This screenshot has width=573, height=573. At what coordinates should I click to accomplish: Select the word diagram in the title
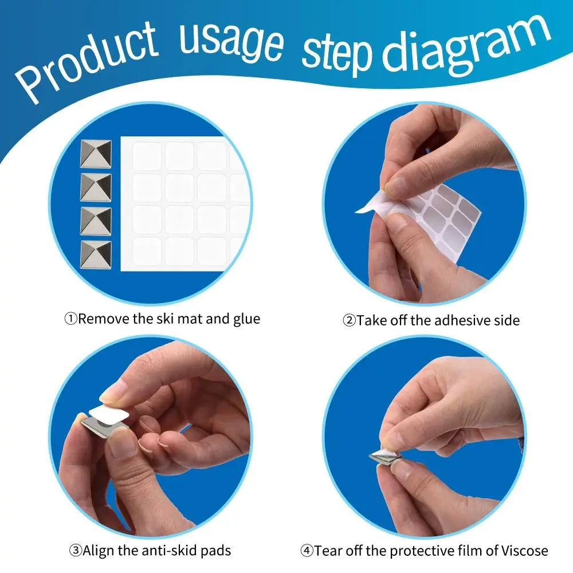pyautogui.click(x=466, y=46)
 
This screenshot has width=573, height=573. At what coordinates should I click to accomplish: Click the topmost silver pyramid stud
pyautogui.click(x=96, y=154)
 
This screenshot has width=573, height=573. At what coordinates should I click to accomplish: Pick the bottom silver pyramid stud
pyautogui.click(x=96, y=254)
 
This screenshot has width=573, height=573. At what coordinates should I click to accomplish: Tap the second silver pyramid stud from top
pyautogui.click(x=96, y=187)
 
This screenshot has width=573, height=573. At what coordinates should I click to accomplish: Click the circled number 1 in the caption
pyautogui.click(x=71, y=319)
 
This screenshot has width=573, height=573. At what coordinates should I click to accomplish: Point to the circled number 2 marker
pyautogui.click(x=349, y=320)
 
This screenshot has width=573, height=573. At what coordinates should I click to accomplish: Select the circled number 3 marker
pyautogui.click(x=76, y=550)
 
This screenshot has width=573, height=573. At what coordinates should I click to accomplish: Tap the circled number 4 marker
pyautogui.click(x=307, y=550)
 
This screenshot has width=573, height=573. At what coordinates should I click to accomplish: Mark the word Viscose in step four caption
pyautogui.click(x=524, y=550)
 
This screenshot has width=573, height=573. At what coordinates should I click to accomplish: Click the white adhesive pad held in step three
pyautogui.click(x=109, y=416)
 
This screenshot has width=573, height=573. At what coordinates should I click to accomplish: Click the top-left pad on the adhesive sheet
pyautogui.click(x=147, y=156)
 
